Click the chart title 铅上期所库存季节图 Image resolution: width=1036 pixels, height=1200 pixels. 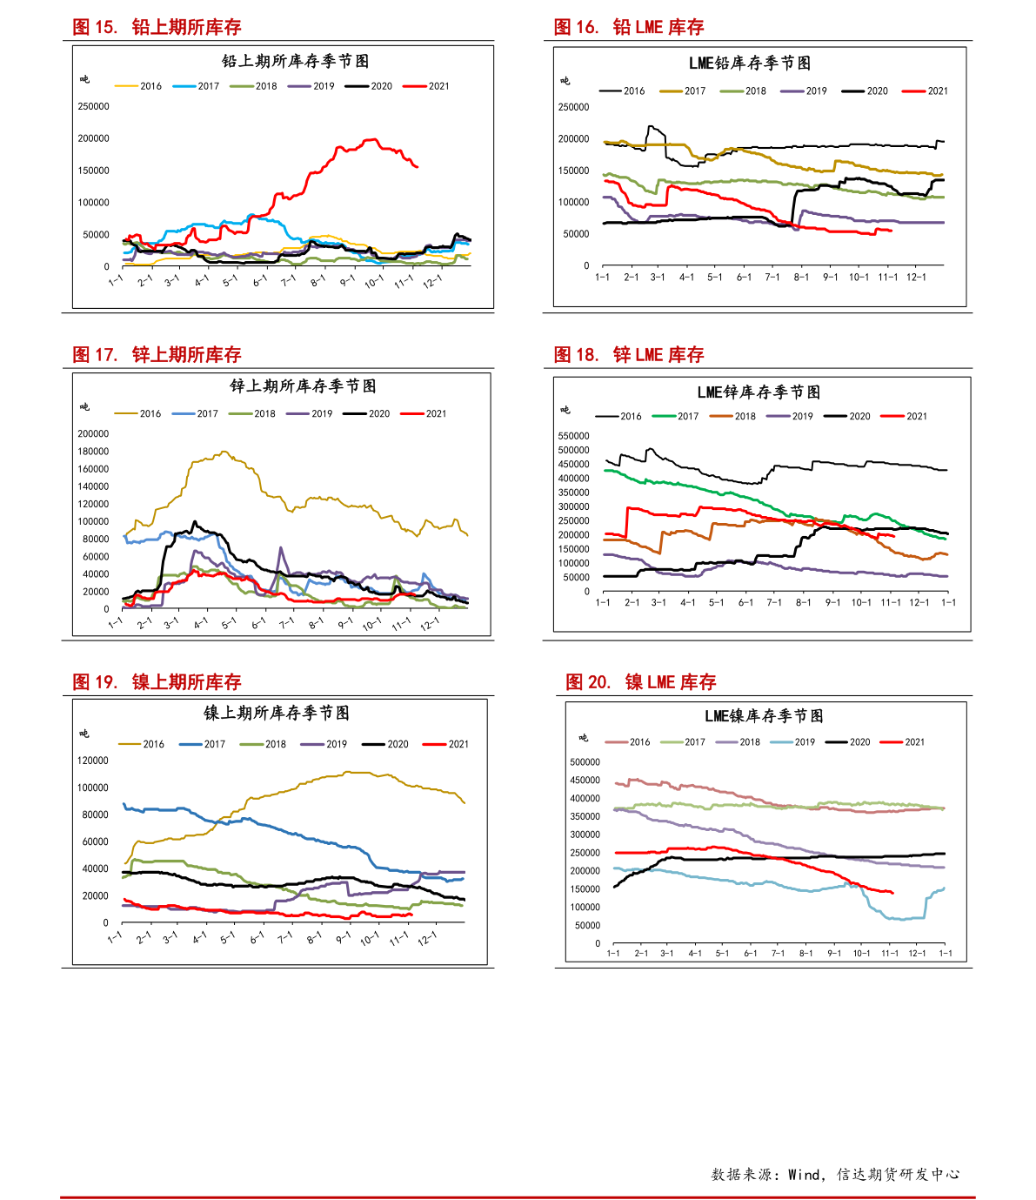pos(295,61)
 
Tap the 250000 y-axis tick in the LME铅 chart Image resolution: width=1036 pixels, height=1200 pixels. pos(573,107)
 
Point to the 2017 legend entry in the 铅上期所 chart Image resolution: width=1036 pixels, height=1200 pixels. pos(197,86)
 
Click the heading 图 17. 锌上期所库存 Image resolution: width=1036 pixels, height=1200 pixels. pos(157,354)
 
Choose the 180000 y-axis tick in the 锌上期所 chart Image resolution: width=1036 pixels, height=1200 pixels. pos(93,451)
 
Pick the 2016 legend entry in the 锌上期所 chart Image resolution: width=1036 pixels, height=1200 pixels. pos(137,413)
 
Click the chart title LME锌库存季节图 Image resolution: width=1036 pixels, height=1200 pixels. pos(759,392)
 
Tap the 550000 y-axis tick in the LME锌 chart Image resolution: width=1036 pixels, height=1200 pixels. pos(573,436)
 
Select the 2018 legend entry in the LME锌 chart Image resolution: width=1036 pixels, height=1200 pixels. pos(732,416)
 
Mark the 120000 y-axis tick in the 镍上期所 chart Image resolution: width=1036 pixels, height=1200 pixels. pos(93,761)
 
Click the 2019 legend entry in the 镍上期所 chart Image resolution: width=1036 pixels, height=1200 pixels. pos(324,744)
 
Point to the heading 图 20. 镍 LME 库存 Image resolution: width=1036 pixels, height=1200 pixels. pos(641,681)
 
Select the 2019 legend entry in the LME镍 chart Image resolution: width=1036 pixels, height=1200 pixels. pos(792,742)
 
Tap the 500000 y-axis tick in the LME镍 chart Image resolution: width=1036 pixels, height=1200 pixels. pos(585,761)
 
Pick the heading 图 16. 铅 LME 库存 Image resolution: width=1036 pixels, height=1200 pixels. pos(629,27)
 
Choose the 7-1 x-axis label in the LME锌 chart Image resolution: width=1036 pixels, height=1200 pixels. pos(774,603)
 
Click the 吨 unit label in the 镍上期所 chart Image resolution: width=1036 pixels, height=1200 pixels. pos(84,734)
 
